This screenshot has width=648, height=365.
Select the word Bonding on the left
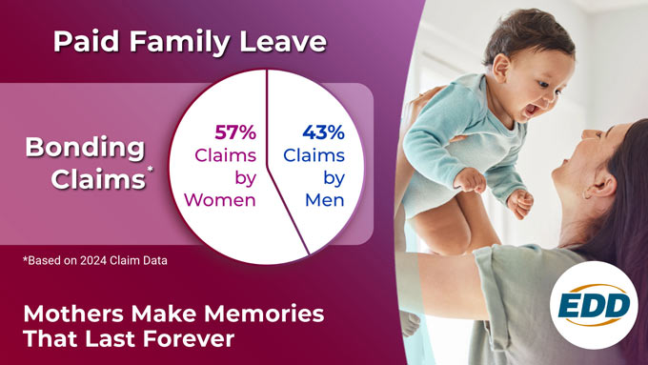85,148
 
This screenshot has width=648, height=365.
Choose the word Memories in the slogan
268,314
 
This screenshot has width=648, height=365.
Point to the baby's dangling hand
519,201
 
